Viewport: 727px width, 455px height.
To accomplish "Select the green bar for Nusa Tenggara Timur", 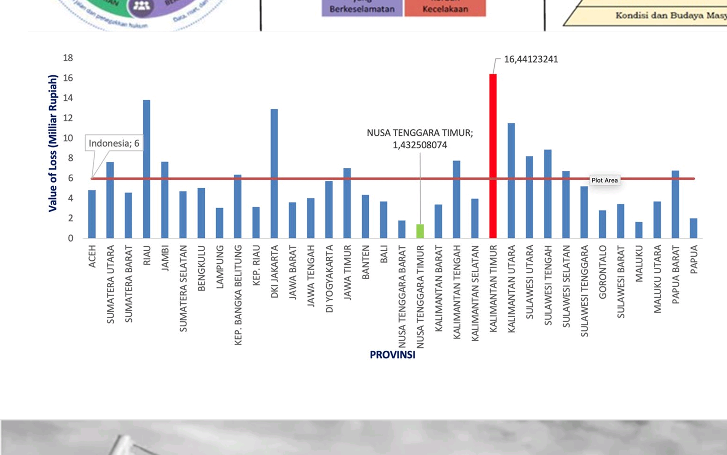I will tap(420, 231).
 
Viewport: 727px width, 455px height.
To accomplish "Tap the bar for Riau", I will tap(146, 169).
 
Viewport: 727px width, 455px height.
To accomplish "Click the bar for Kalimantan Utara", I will tap(511, 180).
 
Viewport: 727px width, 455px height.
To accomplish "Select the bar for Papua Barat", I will tap(675, 204).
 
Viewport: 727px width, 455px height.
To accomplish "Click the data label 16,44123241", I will tap(531, 59).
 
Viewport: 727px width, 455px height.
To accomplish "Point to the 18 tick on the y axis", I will tap(68, 58).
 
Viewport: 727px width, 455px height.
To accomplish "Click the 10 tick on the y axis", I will tap(68, 138).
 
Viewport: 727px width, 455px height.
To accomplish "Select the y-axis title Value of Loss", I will tap(53, 143).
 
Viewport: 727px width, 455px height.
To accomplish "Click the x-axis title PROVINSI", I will tap(392, 355).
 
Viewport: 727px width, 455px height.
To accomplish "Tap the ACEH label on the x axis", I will tap(92, 256).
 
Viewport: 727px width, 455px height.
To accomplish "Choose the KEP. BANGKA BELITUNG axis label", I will tap(238, 295).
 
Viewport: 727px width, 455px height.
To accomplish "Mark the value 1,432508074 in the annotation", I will tap(420, 145).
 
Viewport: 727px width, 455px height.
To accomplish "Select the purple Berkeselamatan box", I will tap(362, 8).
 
